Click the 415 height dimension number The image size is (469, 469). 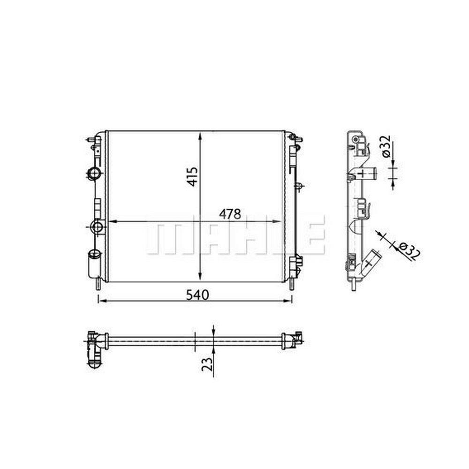click(193, 177)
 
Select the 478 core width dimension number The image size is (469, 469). click(230, 214)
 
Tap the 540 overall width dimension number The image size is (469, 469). click(198, 295)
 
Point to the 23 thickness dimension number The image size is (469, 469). click(207, 364)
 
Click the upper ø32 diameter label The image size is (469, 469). click(386, 146)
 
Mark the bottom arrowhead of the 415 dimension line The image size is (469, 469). click(200, 276)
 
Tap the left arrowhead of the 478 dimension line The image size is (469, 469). click(112, 222)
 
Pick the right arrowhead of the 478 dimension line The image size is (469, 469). click(277, 222)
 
